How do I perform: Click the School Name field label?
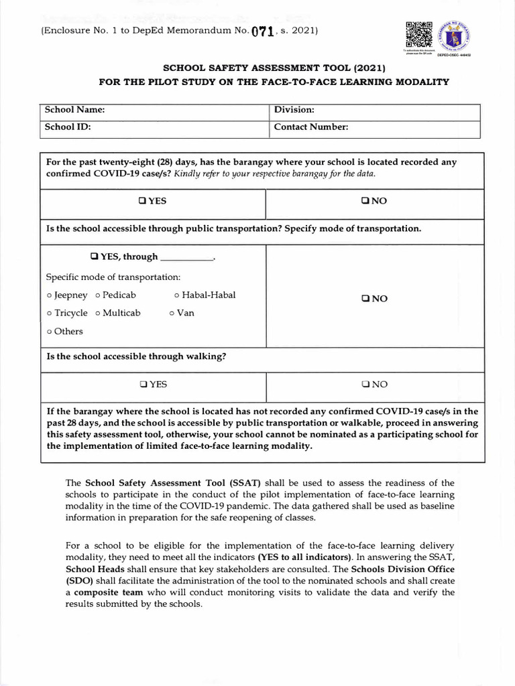(74, 110)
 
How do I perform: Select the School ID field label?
(67, 127)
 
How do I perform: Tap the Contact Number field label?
(311, 127)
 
